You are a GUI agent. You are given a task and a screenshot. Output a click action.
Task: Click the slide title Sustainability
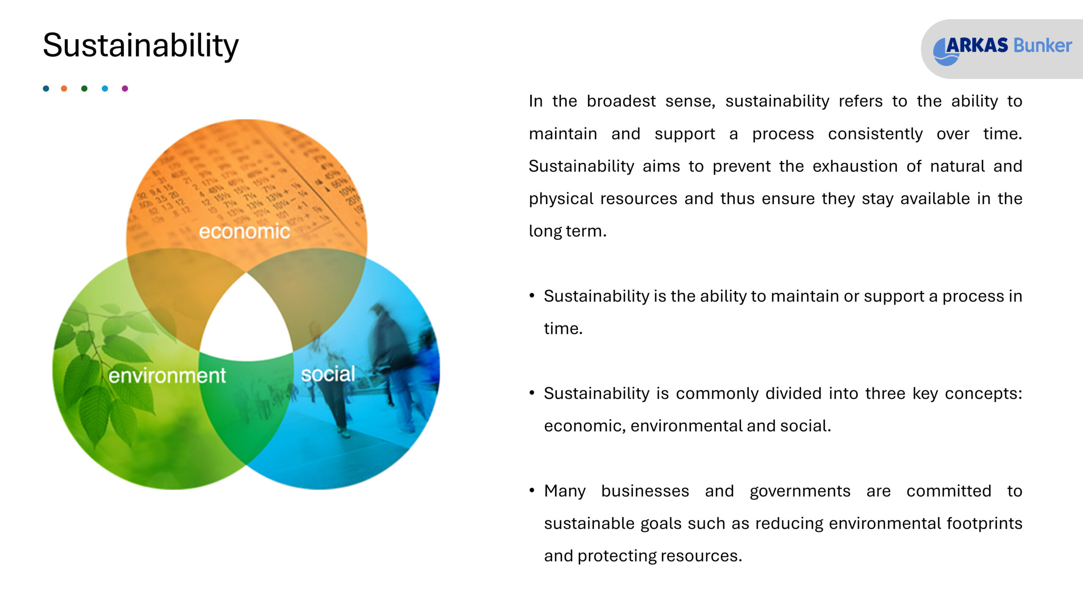click(141, 46)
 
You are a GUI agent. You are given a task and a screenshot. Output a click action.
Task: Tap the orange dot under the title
click(64, 88)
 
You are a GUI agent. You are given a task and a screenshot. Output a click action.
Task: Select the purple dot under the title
click(125, 88)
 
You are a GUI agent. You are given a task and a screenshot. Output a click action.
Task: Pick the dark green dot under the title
click(84, 88)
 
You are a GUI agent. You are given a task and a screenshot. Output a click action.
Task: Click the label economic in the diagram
click(245, 231)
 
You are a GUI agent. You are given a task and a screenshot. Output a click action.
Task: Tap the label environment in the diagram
click(167, 376)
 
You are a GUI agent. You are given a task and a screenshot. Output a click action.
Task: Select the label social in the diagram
click(328, 374)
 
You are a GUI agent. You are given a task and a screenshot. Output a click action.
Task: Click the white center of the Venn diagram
click(247, 321)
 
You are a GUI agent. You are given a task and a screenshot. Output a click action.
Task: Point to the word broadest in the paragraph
click(621, 101)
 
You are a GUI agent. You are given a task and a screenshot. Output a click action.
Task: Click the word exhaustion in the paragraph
click(855, 166)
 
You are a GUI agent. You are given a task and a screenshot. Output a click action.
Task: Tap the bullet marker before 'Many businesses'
click(532, 491)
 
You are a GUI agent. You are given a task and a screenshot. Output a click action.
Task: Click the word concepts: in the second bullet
click(984, 394)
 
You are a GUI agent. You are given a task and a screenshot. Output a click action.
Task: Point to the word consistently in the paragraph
click(875, 134)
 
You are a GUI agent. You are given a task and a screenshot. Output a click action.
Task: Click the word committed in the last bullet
click(949, 491)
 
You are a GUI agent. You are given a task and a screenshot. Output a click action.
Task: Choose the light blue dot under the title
click(105, 88)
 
